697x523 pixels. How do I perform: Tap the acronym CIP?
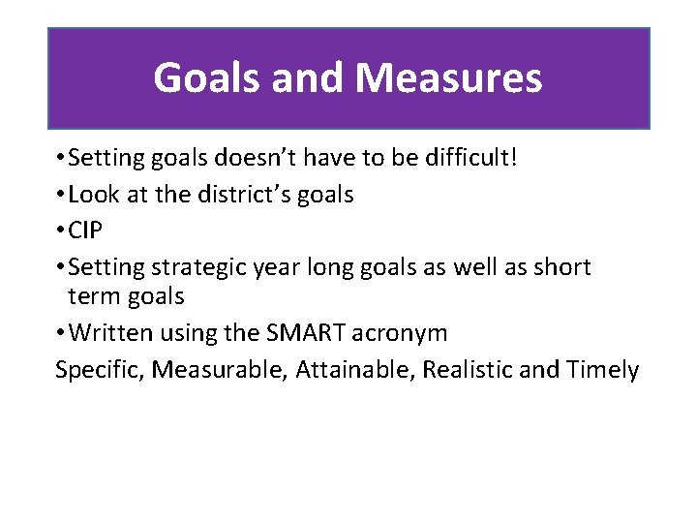[x=88, y=231]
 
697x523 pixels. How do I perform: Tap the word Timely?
[x=603, y=370]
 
